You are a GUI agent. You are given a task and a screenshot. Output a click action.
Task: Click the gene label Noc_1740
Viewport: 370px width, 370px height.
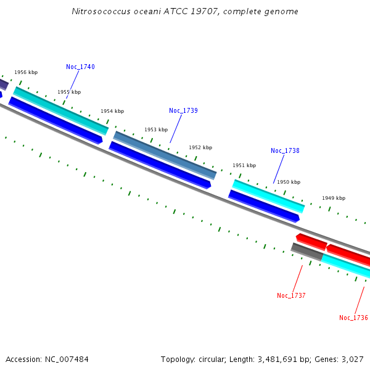[80, 67]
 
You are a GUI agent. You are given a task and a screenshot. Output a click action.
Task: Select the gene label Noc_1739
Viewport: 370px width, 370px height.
[183, 110]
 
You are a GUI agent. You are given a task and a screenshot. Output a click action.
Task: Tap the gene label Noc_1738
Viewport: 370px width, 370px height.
[285, 150]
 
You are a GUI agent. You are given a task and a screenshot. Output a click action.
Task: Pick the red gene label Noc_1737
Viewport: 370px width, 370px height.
[291, 295]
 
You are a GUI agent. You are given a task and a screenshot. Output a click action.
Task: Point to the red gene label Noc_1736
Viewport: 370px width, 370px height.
[353, 318]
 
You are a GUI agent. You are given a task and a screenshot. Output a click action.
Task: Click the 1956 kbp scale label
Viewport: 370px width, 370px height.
[26, 72]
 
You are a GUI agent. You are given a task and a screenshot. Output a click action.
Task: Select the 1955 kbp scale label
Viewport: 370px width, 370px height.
[69, 92]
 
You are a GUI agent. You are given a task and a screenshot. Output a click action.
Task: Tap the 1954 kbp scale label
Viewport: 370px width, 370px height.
[112, 111]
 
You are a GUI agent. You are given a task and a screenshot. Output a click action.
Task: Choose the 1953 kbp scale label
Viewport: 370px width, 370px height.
[156, 129]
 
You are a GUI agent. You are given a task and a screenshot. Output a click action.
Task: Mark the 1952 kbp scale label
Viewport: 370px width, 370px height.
[200, 147]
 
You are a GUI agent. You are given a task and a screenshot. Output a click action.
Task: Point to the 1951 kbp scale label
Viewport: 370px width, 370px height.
[244, 165]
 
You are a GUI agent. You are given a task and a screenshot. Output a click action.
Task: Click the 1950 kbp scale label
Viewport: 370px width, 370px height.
[289, 182]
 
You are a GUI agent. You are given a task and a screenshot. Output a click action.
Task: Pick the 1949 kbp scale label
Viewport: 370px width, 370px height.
[334, 198]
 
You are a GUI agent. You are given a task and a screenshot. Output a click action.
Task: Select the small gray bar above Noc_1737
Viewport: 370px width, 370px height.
[307, 252]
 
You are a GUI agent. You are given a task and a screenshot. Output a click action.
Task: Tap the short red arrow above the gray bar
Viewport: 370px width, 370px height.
[311, 241]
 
